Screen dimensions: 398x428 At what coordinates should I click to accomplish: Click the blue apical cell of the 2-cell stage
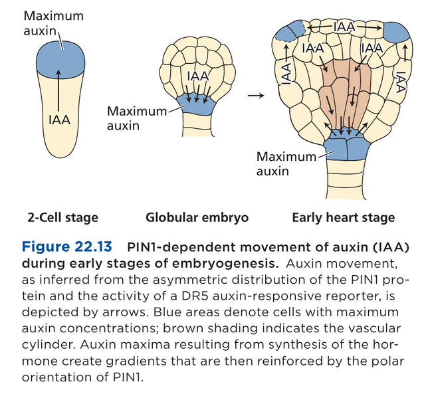pos(60,58)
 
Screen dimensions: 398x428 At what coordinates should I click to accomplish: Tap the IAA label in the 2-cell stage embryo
pos(60,120)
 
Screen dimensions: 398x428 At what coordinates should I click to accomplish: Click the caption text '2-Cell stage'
pos(62,218)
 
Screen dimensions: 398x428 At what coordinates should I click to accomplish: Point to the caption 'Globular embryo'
pos(197,218)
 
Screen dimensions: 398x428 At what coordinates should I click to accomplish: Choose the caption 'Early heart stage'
pos(343,218)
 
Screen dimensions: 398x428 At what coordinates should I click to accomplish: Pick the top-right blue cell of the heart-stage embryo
pos(395,33)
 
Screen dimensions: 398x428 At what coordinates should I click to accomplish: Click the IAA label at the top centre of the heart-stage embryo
pos(344,26)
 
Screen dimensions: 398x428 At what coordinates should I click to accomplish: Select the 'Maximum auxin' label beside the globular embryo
pos(136,118)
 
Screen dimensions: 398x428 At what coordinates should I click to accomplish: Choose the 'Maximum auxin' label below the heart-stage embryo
pos(286,163)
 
